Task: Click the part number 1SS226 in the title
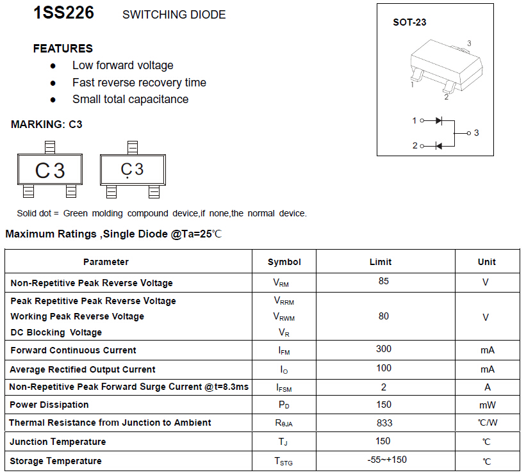[63, 13]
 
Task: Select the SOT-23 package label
[409, 22]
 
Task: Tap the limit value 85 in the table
[383, 281]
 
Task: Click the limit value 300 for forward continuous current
[383, 349]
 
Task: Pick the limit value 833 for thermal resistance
[384, 423]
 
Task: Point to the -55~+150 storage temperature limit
[387, 460]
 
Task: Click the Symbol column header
[284, 262]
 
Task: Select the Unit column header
[486, 262]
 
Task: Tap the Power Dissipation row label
[49, 405]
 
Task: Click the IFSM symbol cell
[285, 387]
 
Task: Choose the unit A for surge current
[488, 387]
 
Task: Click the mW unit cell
[488, 405]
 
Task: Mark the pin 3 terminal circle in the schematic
[468, 133]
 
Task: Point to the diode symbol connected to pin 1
[439, 120]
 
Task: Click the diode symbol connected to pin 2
[439, 146]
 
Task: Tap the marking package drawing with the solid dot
[133, 170]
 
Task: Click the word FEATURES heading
[63, 49]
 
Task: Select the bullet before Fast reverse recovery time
[53, 83]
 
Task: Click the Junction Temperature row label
[58, 442]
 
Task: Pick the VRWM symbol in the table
[284, 316]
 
